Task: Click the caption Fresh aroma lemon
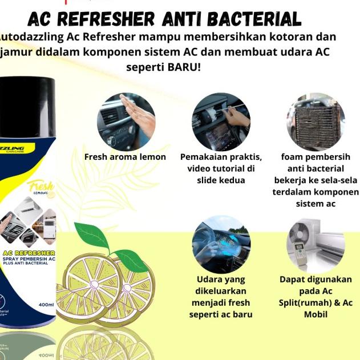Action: [125, 157]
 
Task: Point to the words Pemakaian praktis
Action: [221, 157]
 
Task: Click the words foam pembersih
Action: [315, 157]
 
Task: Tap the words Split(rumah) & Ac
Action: [316, 302]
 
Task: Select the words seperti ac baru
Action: [221, 314]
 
